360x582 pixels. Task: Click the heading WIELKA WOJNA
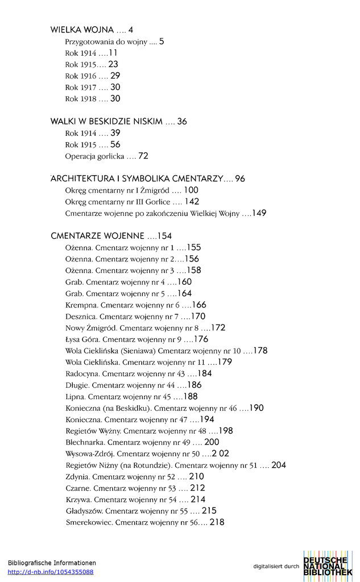(x=82, y=30)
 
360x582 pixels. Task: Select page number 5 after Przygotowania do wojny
(x=162, y=41)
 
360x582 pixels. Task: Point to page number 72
(x=143, y=156)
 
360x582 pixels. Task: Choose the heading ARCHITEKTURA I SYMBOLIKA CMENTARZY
(x=136, y=178)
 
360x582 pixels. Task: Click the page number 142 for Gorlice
(x=192, y=202)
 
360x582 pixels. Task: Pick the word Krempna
(x=79, y=305)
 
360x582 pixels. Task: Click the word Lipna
(x=75, y=397)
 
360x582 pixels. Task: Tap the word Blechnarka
(x=85, y=442)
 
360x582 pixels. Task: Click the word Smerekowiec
(x=89, y=522)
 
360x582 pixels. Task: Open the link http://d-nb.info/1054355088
(x=51, y=572)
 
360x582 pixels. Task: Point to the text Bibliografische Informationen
(x=52, y=563)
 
